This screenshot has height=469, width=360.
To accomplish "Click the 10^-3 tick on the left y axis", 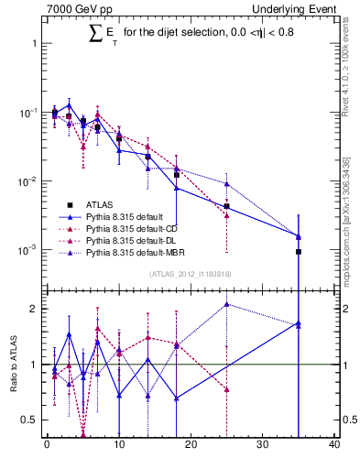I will tap(27, 250).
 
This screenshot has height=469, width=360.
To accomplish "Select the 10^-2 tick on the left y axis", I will tap(27, 181).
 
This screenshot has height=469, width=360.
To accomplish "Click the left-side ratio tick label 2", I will tap(32, 309).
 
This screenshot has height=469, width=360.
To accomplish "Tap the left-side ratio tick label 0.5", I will tap(28, 420).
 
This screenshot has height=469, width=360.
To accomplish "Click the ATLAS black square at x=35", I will tap(299, 251).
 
